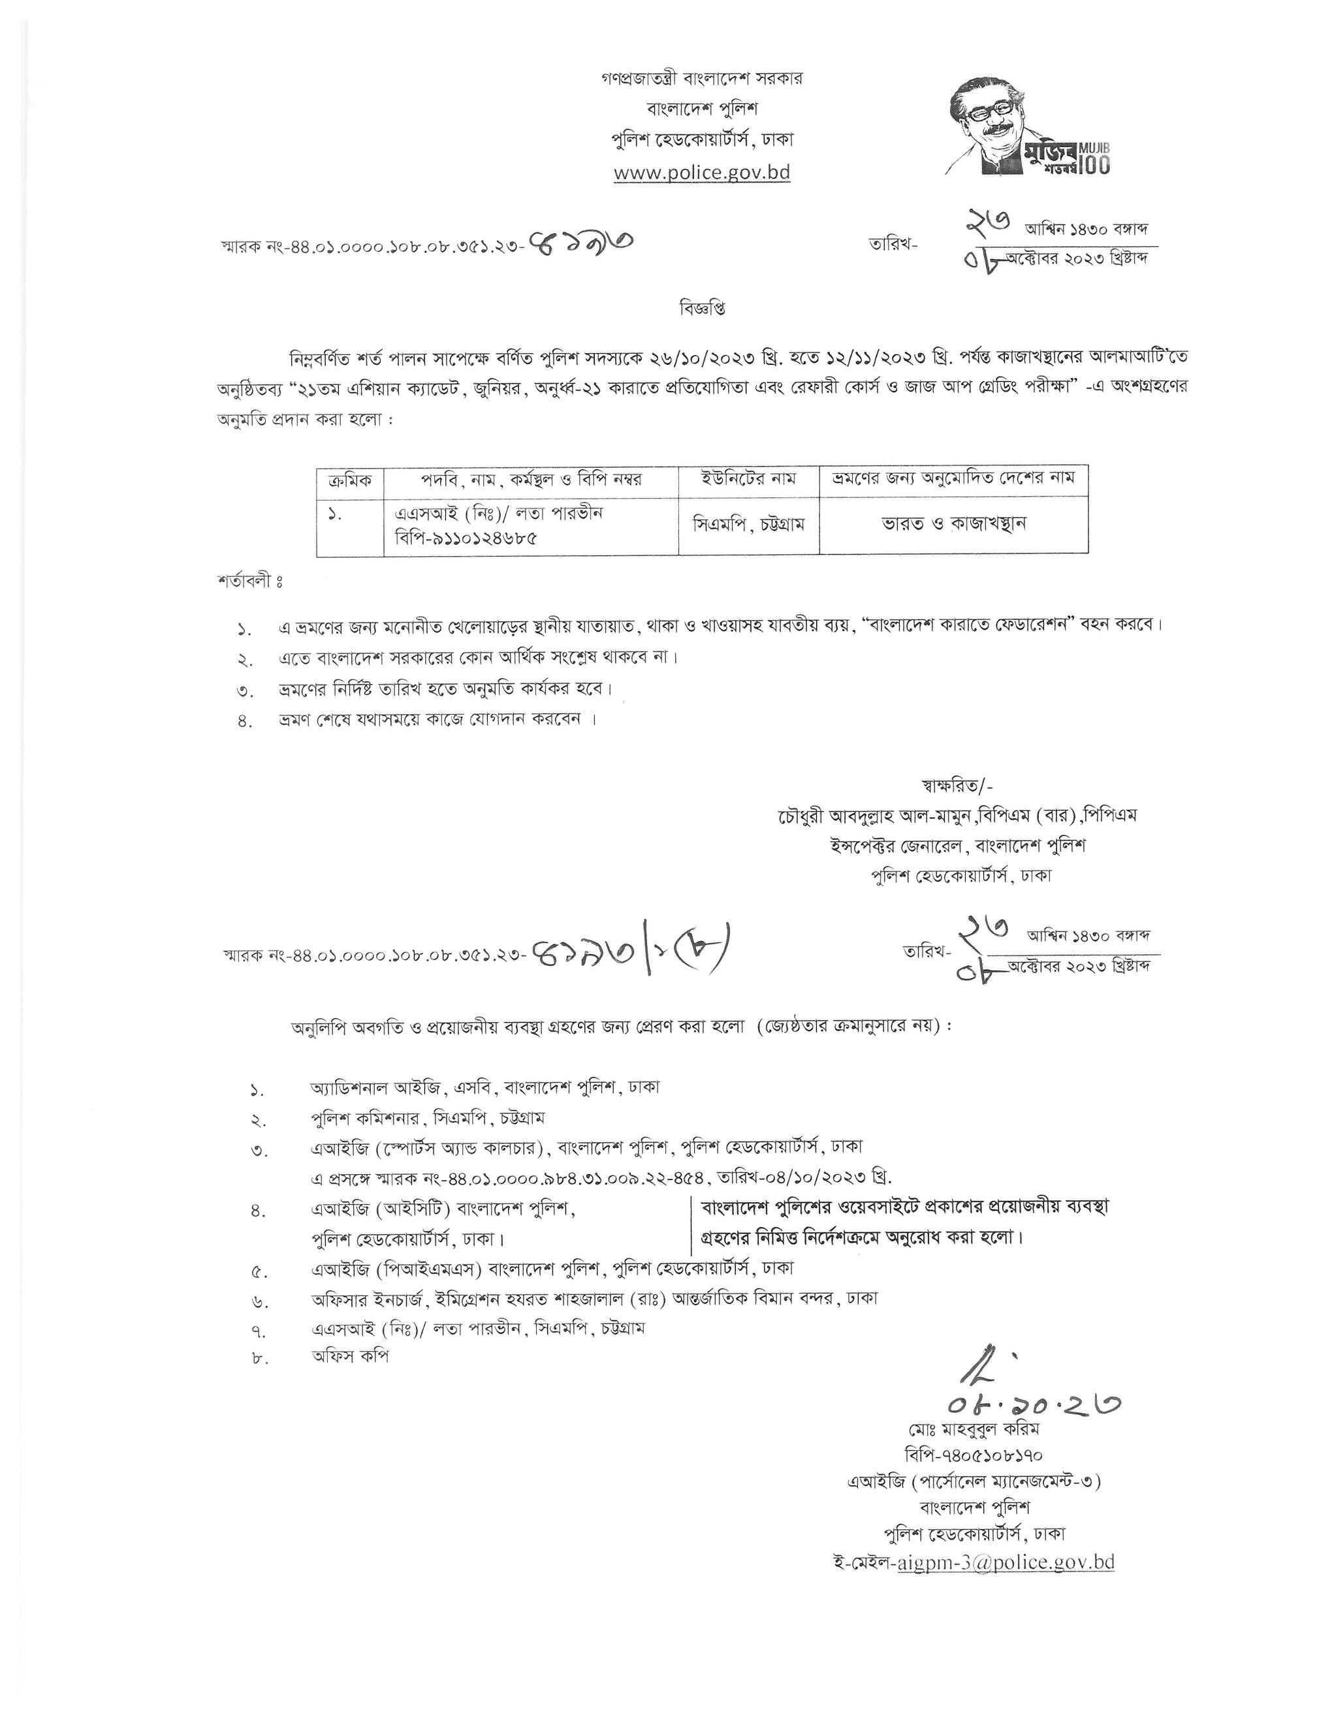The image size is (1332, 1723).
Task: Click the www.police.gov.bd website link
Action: (701, 172)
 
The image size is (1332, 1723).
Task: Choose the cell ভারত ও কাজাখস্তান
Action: (953, 524)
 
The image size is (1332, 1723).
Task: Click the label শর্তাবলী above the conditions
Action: (249, 582)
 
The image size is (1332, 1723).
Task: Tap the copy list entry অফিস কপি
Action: (349, 1356)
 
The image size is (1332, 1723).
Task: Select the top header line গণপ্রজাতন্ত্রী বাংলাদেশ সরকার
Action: (701, 79)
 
